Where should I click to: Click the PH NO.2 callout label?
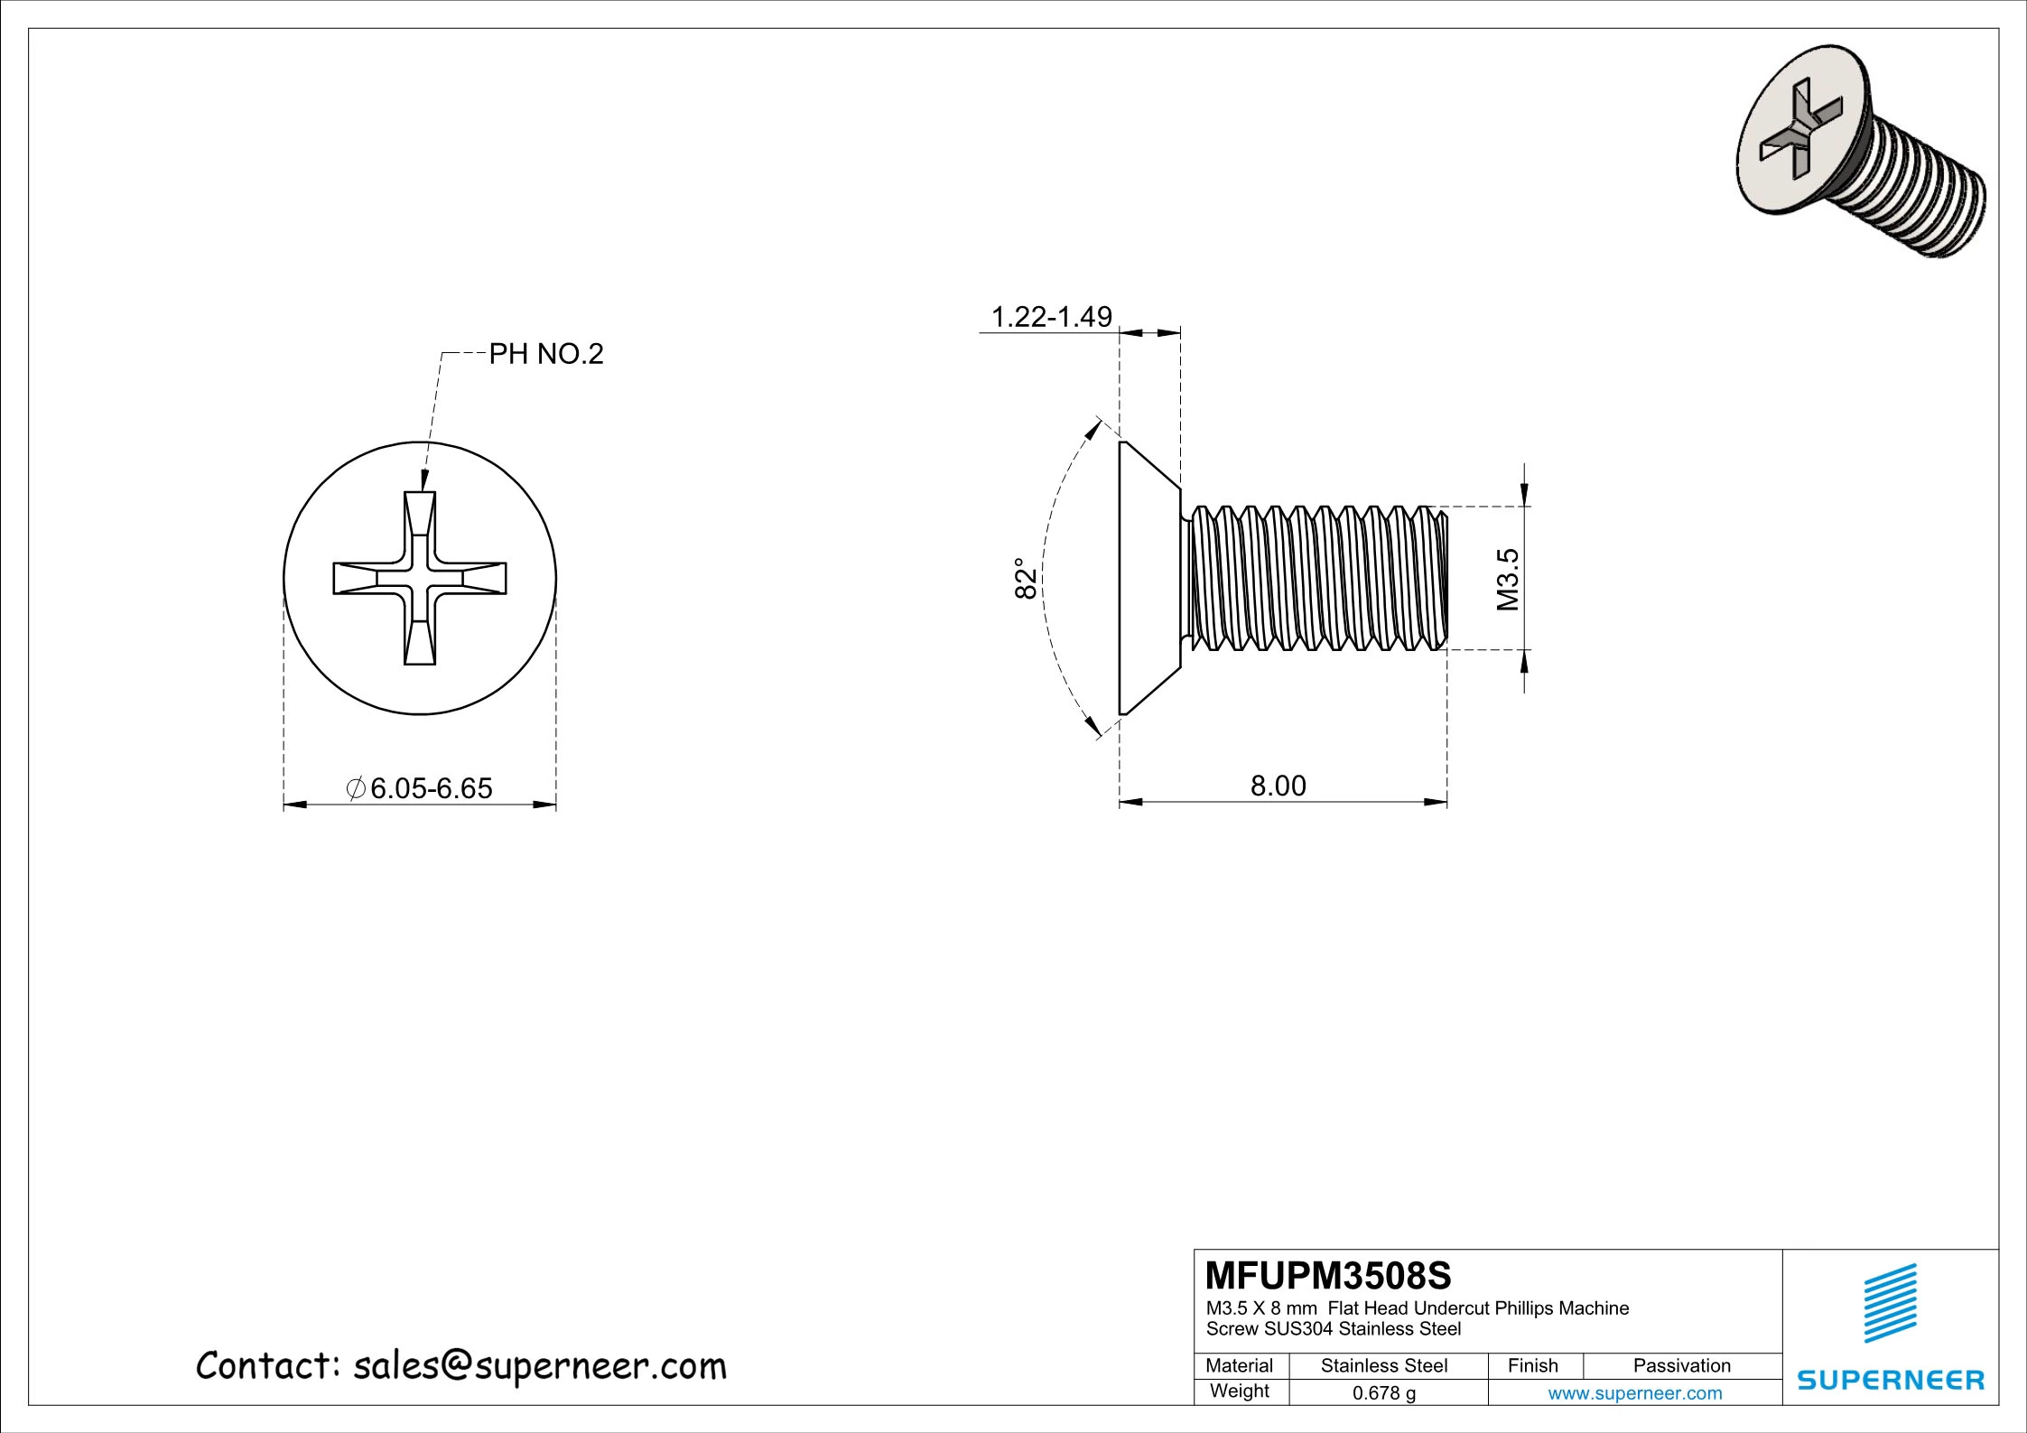coord(545,355)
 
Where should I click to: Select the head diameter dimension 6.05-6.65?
coord(431,788)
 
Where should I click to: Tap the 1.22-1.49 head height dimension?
coord(1051,317)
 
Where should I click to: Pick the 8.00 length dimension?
coord(1278,786)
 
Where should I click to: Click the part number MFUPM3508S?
coord(1328,1276)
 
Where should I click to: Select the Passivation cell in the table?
coord(1681,1366)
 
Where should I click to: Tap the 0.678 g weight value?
coord(1383,1393)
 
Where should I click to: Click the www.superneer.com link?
coord(1634,1393)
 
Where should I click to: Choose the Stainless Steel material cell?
coord(1383,1366)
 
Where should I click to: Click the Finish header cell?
coord(1532,1366)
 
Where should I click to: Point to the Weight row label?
coord(1239,1391)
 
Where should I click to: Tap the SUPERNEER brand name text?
coord(1891,1380)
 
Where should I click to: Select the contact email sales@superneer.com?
coord(539,1366)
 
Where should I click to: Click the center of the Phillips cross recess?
coord(420,579)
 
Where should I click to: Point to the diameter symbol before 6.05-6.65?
coord(356,788)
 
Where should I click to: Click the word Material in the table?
coord(1239,1366)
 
